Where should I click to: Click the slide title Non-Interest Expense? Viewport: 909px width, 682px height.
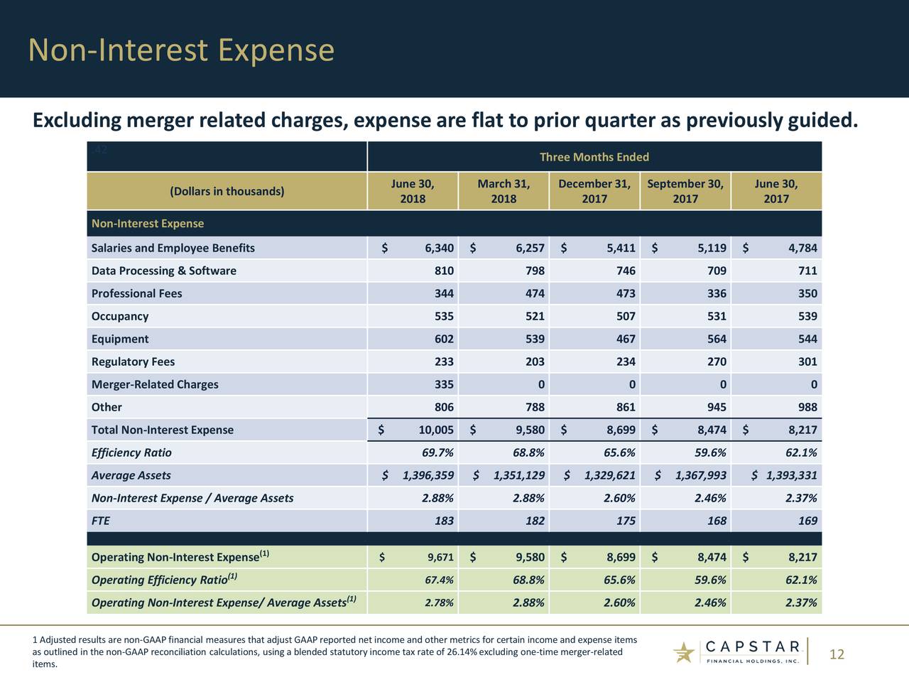(181, 50)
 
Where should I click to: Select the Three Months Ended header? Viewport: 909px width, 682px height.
(594, 157)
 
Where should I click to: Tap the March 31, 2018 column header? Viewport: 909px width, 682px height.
(504, 191)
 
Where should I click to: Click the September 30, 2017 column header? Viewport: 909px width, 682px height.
(685, 191)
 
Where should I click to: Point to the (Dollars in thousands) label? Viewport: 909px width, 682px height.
(227, 191)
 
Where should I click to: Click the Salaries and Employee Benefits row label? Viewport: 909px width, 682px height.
(173, 248)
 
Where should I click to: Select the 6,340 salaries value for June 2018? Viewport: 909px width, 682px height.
(439, 248)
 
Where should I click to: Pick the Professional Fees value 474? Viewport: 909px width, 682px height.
(535, 293)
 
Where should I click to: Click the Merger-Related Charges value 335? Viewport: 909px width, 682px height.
(444, 384)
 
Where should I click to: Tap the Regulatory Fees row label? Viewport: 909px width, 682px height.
(133, 362)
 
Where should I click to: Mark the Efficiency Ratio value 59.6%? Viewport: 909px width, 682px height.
(709, 453)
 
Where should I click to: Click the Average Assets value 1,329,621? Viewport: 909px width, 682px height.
(609, 475)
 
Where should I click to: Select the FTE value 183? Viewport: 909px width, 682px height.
(444, 521)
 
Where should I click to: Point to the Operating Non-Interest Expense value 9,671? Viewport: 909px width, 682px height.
(440, 558)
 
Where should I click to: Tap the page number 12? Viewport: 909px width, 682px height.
(837, 654)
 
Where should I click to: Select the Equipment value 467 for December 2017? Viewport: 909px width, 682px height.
(625, 339)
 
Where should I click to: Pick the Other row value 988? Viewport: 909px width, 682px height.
(807, 407)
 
